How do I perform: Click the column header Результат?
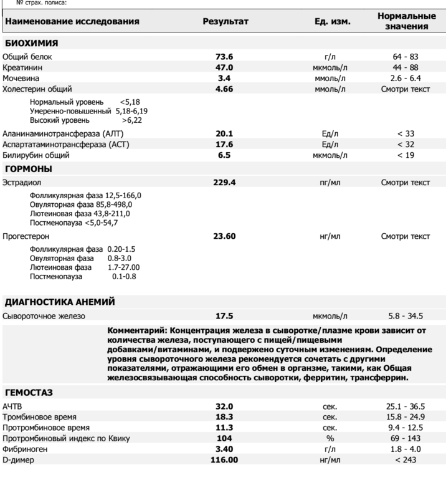[225, 22]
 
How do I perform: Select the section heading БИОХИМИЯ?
[32, 43]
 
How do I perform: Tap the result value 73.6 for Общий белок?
[225, 57]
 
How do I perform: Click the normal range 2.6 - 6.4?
[405, 79]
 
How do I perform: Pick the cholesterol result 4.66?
[225, 89]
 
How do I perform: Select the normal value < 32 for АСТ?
[405, 145]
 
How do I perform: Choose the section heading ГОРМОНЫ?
[29, 169]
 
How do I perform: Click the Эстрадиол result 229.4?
[225, 183]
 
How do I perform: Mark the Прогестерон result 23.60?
[225, 237]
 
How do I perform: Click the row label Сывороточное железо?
[44, 316]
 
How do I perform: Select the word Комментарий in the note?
[136, 330]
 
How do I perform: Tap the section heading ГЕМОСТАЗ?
[29, 393]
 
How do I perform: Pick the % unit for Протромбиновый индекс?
[330, 439]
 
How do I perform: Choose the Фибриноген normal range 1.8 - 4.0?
[405, 449]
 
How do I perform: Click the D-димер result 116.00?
[225, 460]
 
